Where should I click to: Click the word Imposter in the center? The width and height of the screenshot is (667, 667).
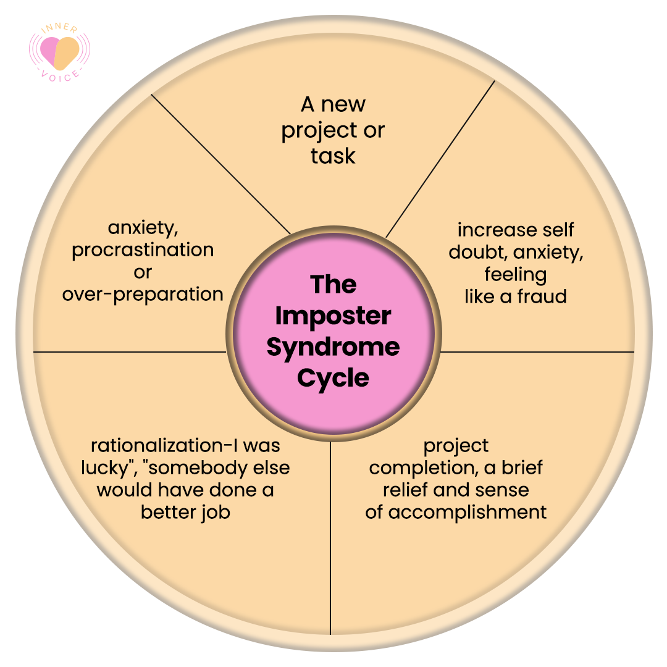pyautogui.click(x=333, y=316)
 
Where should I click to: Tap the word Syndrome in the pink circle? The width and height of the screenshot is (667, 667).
pyautogui.click(x=333, y=348)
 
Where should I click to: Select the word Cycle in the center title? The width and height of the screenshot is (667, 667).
pyautogui.click(x=333, y=378)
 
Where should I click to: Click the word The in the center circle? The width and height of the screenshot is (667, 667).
pyautogui.click(x=333, y=284)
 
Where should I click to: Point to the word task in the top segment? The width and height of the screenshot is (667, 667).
pyautogui.click(x=333, y=156)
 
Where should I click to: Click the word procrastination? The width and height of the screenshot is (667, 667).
pyautogui.click(x=143, y=250)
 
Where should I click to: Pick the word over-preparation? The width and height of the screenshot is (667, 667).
pyautogui.click(x=143, y=295)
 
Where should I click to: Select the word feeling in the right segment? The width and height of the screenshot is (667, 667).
pyautogui.click(x=516, y=275)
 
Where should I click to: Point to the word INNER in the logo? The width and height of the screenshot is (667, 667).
pyautogui.click(x=59, y=28)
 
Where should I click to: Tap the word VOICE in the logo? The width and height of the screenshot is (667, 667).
pyautogui.click(x=59, y=77)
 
